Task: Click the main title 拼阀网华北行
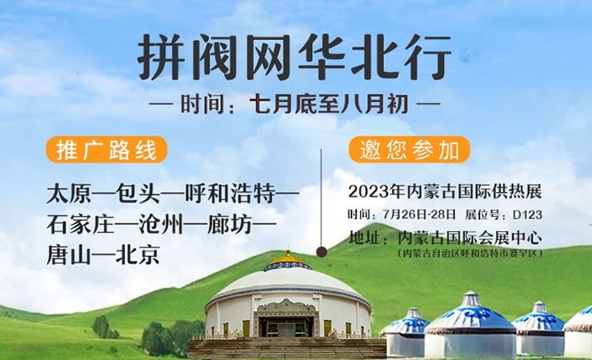pyautogui.click(x=294, y=57)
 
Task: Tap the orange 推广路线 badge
pyautogui.click(x=106, y=150)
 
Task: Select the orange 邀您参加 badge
pyautogui.click(x=410, y=150)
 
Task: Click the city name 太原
pyautogui.click(x=69, y=194)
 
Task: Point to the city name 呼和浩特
pyautogui.click(x=230, y=194)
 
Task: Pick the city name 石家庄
pyautogui.click(x=81, y=224)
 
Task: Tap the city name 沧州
pyautogui.click(x=161, y=224)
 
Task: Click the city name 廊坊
pyautogui.click(x=230, y=224)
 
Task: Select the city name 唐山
pyautogui.click(x=69, y=254)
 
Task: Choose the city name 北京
pyautogui.click(x=138, y=254)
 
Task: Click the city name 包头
pyautogui.click(x=138, y=194)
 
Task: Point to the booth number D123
pyautogui.click(x=527, y=214)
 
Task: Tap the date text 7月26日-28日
pyautogui.click(x=419, y=214)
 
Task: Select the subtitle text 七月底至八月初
pyautogui.click(x=329, y=104)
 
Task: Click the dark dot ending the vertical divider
pyautogui.click(x=322, y=252)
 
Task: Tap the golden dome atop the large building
pyautogui.click(x=289, y=259)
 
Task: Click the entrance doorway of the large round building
pyautogui.click(x=286, y=326)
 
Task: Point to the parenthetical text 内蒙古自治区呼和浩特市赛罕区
pyautogui.click(x=470, y=254)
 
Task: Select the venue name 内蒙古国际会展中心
pyautogui.click(x=470, y=238)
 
